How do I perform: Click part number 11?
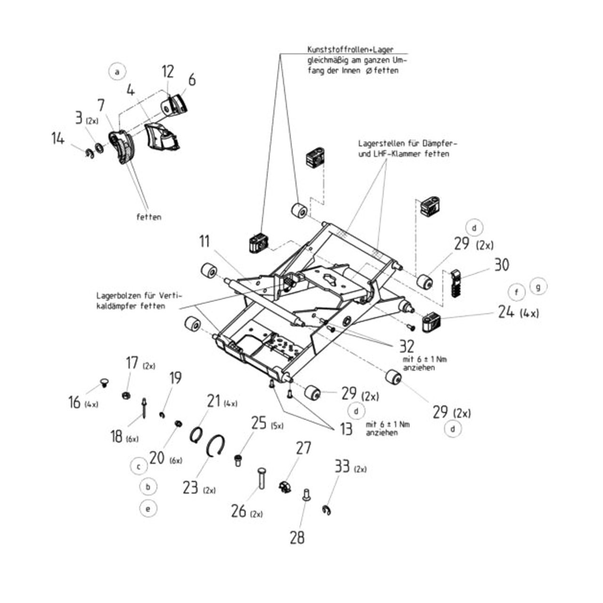pos(204,242)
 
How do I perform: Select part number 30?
pos(501,265)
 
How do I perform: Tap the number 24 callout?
pos(506,311)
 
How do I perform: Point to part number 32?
pos(406,346)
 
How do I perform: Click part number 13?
pos(346,429)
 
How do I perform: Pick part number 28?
pos(297,537)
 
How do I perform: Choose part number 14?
pos(58,139)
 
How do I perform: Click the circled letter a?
pos(117,72)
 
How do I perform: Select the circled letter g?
pos(538,286)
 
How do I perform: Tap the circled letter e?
pos(148,509)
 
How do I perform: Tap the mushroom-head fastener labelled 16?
pos(103,382)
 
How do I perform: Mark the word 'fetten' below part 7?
pos(148,217)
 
